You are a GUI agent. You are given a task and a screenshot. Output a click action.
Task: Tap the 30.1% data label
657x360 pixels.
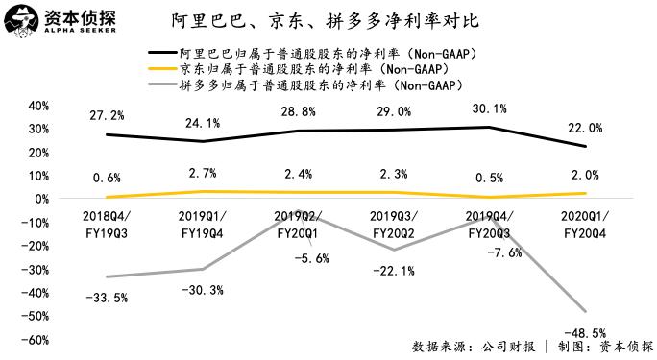(490, 108)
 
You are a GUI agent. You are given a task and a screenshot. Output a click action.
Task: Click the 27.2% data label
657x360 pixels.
(106, 115)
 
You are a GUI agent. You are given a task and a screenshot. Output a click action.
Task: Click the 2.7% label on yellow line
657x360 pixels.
(202, 173)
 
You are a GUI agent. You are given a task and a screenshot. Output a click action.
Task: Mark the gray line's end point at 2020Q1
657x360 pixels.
(585, 311)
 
